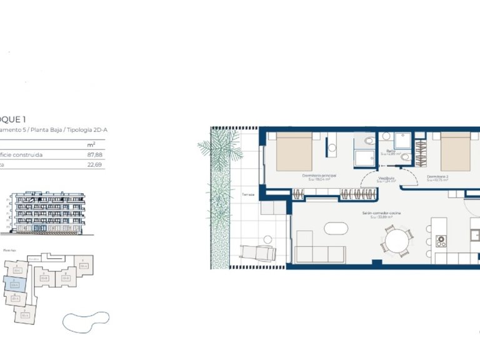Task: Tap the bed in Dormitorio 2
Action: click(456, 153)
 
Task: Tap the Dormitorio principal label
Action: click(319, 176)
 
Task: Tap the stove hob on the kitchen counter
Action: click(441, 240)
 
